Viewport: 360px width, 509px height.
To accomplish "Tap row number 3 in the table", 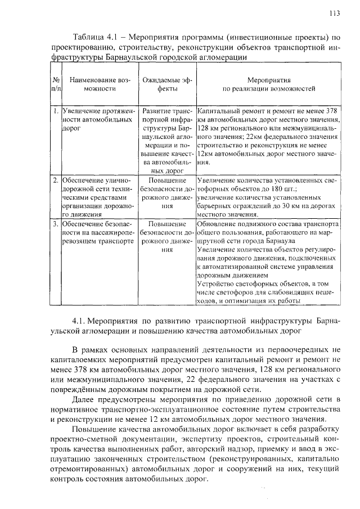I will click(x=56, y=224).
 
